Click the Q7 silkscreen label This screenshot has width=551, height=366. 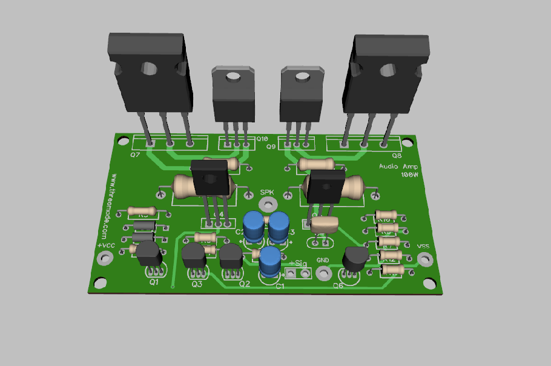134,155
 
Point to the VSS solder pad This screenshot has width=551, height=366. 425,259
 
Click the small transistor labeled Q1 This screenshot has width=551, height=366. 148,253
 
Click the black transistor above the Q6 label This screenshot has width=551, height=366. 355,259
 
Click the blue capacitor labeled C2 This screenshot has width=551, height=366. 254,225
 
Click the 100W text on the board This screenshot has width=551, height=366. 410,175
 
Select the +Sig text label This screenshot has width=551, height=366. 299,263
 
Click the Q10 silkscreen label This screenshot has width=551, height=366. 262,139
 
